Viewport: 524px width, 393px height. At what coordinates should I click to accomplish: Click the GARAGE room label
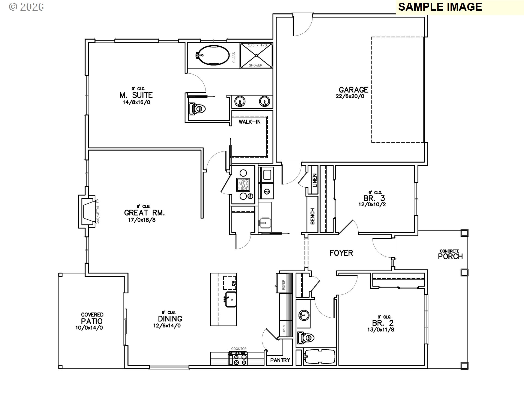353,90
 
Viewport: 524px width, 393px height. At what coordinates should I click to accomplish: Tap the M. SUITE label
136,95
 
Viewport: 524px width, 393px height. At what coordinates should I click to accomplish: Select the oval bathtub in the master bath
212,55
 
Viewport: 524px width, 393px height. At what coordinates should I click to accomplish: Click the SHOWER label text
256,65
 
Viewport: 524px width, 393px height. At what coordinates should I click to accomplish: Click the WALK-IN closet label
249,122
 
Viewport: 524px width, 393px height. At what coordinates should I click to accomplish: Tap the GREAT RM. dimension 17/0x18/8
142,220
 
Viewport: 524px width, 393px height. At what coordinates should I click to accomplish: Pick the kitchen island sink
231,299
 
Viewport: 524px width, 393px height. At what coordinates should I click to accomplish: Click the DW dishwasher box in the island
230,283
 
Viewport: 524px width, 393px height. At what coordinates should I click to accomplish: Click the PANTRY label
280,360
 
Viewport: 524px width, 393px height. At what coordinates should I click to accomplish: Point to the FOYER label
341,253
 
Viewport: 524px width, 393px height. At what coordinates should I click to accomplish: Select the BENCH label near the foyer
313,216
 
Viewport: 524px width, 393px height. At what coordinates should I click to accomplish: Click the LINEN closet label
315,180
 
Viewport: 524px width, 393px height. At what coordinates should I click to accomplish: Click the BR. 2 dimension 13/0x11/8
380,330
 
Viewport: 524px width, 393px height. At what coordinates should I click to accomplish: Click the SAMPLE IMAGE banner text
440,7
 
